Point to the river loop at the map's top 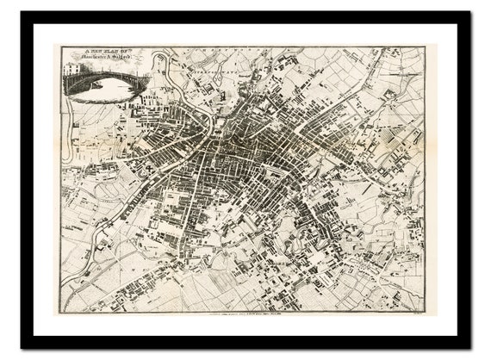coord(160,65)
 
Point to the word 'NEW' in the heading coord(93,52)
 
